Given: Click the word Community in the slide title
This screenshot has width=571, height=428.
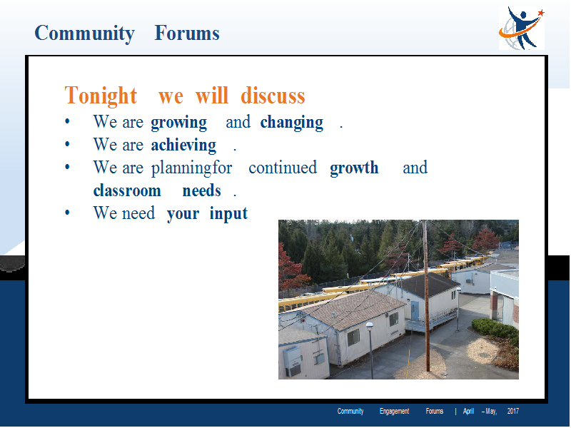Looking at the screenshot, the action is tap(84, 34).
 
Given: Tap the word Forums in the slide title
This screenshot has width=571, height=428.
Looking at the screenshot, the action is tap(187, 33).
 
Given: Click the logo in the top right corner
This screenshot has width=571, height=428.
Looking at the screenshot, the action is tap(522, 28).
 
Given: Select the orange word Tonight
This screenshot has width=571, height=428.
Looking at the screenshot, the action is tap(101, 96).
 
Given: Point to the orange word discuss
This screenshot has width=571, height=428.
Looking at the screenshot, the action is tap(273, 96).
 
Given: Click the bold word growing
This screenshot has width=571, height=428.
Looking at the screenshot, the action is tap(179, 123).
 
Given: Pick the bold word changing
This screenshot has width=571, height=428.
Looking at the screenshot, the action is tap(292, 123).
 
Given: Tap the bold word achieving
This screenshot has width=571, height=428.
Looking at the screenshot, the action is tap(183, 146).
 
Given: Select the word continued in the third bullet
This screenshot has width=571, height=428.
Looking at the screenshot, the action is tap(283, 168).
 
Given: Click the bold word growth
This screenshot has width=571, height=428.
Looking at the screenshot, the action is tap(354, 168).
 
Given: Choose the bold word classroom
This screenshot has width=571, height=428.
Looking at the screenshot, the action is tap(127, 190).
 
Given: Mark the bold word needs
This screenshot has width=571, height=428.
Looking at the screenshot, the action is tap(201, 190).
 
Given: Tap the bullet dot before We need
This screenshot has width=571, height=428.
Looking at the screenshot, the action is tap(67, 212).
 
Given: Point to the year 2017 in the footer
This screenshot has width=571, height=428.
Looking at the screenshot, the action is tap(512, 412).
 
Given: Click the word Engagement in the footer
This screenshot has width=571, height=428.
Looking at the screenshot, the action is tap(395, 412).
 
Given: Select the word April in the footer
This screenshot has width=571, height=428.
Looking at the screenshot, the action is tap(468, 412).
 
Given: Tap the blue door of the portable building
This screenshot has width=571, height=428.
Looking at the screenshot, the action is tap(415, 310).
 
